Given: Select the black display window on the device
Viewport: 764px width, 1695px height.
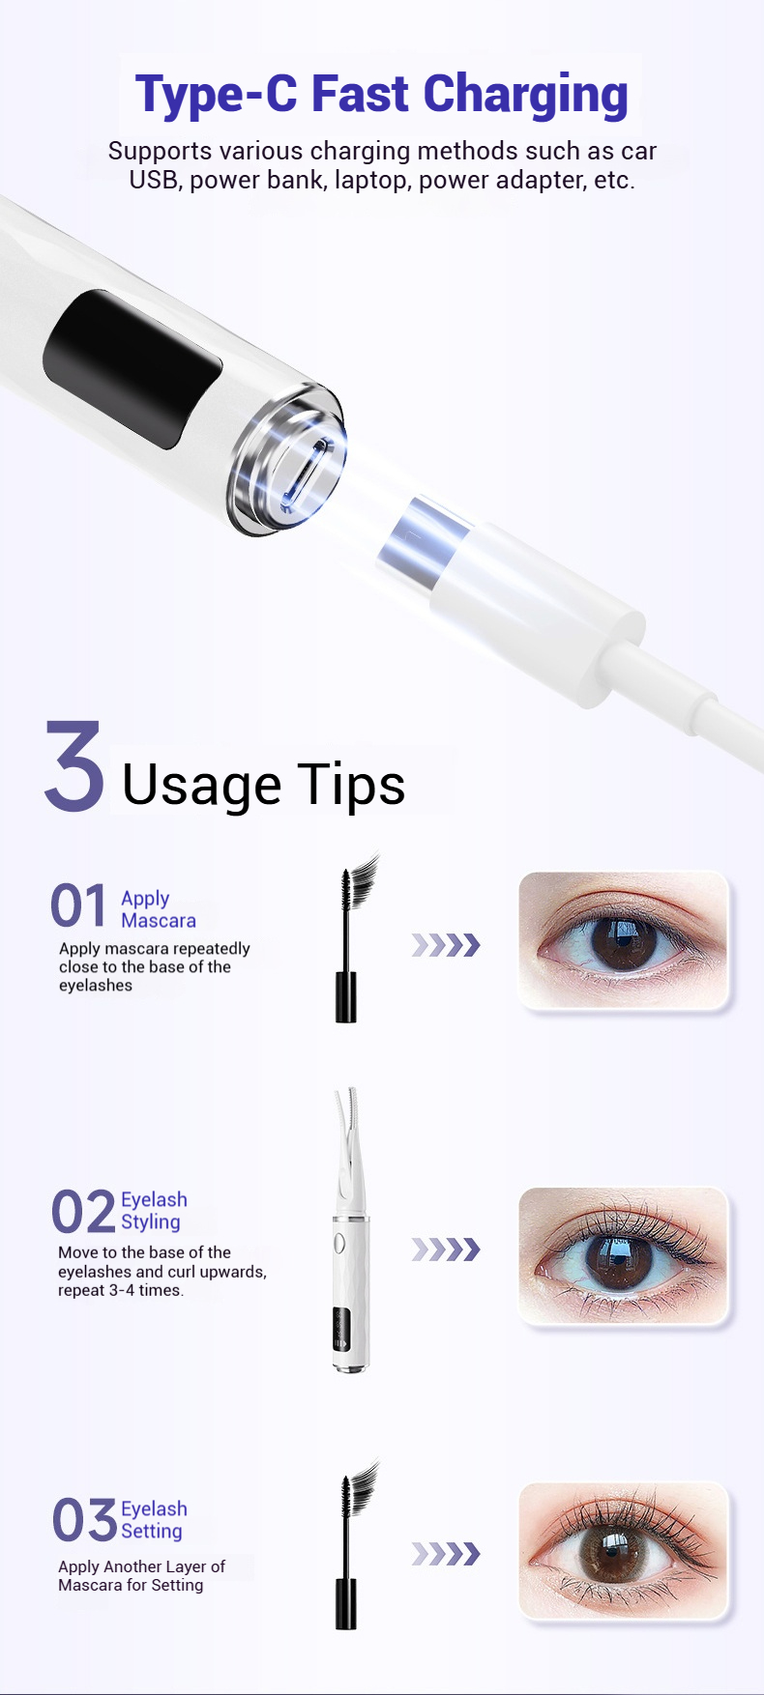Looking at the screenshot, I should [x=132, y=366].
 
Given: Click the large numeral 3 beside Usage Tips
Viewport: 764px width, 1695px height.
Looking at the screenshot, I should [x=74, y=766].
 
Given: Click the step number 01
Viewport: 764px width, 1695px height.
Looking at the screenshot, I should [x=78, y=906].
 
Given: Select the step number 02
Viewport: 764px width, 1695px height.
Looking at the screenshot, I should [x=82, y=1212].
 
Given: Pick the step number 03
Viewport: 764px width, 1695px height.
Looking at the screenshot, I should [x=84, y=1519].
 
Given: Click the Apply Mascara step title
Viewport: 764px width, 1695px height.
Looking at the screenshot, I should [x=158, y=909].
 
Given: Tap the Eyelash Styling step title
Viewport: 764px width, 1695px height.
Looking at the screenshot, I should [x=154, y=1211].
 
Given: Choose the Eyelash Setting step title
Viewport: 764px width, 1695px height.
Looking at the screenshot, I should [x=154, y=1519].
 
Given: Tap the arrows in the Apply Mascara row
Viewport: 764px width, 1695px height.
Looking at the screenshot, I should [x=445, y=944].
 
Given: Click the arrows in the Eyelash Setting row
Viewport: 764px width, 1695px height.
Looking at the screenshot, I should [x=445, y=1553].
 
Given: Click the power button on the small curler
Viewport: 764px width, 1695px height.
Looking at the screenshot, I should [x=339, y=1243].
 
